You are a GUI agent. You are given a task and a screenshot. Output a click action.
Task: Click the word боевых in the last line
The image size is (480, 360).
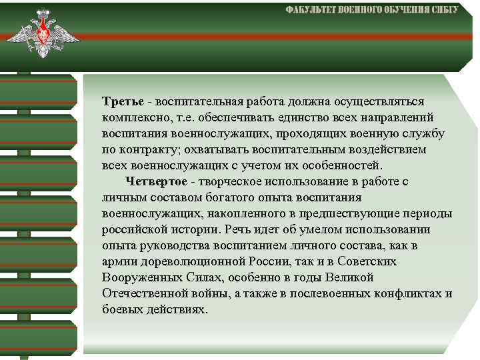[x=121, y=310]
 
